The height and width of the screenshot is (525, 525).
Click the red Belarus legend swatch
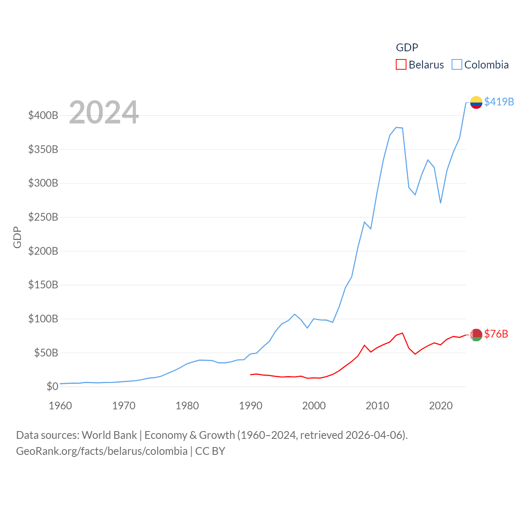coord(401,65)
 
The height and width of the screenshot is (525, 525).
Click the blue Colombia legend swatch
coord(457,65)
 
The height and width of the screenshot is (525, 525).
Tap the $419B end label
coord(499,102)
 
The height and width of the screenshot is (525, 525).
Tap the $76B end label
coord(496,334)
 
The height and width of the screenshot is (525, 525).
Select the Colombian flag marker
coord(476,102)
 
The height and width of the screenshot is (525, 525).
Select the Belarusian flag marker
coord(476,335)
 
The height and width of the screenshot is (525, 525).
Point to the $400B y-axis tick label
coord(43,115)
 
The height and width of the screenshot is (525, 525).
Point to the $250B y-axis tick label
coord(43,217)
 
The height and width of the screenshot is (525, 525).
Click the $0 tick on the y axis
coord(52,386)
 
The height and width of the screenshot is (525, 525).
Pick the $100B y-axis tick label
coord(43,319)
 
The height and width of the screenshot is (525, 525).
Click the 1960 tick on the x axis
coord(60,406)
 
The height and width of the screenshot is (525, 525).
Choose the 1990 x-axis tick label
coord(251,406)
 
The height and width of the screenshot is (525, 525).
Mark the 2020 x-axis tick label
coord(441,406)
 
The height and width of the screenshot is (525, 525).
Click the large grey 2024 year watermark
coord(104,112)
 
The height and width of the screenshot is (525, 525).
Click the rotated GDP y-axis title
coord(17,237)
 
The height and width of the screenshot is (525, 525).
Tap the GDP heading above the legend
coord(407,48)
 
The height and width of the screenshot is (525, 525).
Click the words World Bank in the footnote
coord(109,435)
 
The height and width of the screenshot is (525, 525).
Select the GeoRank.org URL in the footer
coord(102,451)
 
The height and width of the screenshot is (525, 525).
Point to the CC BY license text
coord(210,451)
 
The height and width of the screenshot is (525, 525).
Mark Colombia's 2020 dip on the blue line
coord(441,203)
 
